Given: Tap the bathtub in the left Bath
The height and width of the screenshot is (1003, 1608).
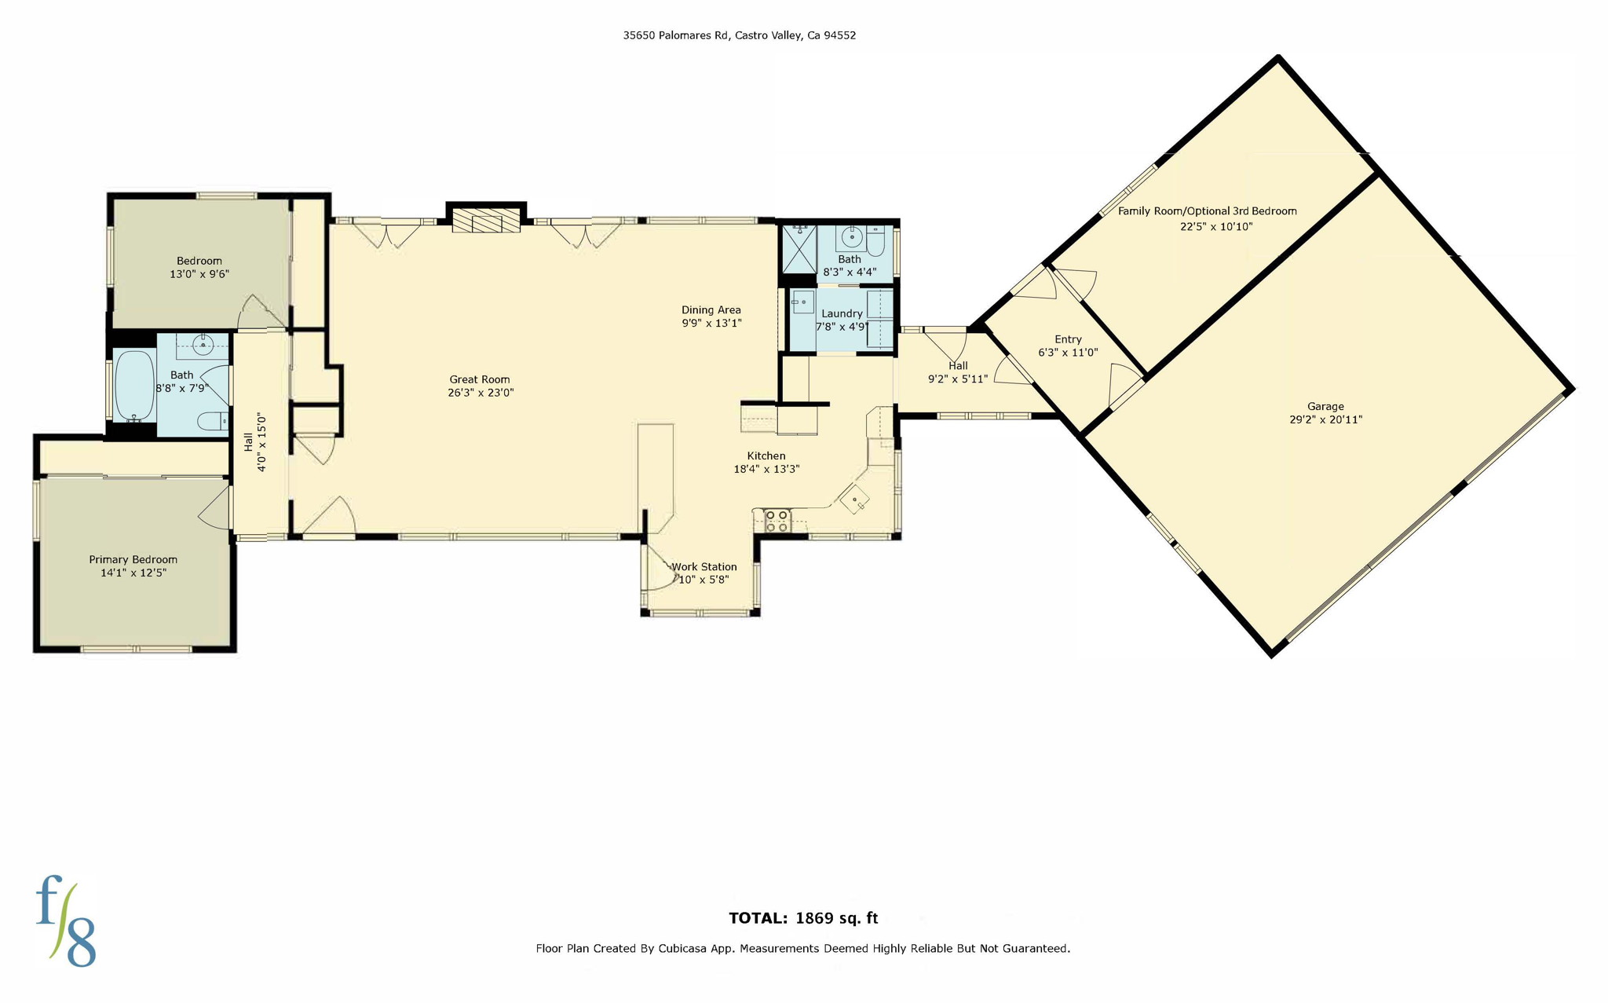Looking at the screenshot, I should (x=134, y=385).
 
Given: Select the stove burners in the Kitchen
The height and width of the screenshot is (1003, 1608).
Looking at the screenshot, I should (x=777, y=521).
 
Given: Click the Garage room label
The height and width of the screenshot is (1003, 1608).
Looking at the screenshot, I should (x=1325, y=406).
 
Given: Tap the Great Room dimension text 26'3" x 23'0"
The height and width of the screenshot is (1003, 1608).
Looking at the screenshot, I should (x=481, y=393).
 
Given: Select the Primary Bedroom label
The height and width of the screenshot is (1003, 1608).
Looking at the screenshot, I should (x=133, y=559).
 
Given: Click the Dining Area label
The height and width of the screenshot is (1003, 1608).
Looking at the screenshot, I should (x=711, y=309).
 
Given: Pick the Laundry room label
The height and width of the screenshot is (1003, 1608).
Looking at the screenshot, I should (x=842, y=313).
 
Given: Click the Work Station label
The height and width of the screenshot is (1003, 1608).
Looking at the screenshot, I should (x=704, y=566).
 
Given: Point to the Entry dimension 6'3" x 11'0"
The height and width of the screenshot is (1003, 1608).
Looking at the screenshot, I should (x=1068, y=353).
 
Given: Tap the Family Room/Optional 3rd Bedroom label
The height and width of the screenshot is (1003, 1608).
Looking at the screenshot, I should (x=1207, y=210).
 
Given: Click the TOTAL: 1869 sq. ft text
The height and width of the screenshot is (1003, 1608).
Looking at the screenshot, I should (x=803, y=918).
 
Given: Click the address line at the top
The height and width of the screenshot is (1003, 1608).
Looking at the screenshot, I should (x=739, y=35).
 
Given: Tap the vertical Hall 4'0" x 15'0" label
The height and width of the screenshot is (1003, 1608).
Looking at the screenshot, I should (x=255, y=442).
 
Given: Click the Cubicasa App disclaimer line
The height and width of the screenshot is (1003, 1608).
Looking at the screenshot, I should (x=802, y=948).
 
